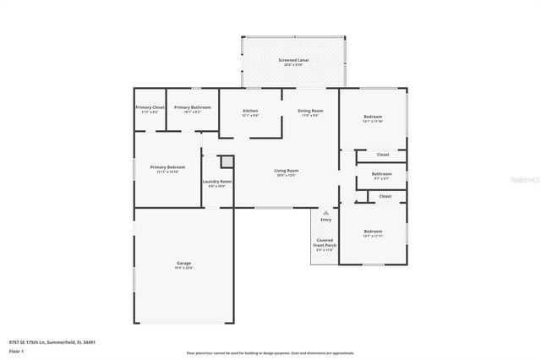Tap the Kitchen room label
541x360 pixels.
(250, 112)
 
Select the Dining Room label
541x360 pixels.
(310, 112)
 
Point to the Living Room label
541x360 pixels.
(287, 172)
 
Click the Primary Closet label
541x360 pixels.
(150, 108)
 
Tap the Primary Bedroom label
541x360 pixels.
(167, 167)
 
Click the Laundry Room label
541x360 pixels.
(217, 182)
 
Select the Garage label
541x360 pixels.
(183, 264)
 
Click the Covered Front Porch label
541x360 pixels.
(325, 243)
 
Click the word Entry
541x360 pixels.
(325, 220)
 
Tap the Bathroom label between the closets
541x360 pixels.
(382, 175)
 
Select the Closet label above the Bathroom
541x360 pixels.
(383, 155)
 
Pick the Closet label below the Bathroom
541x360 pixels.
(385, 196)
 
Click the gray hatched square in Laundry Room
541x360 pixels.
(226, 161)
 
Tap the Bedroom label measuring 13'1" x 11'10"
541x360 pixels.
(373, 117)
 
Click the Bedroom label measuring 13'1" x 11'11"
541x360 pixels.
(373, 232)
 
